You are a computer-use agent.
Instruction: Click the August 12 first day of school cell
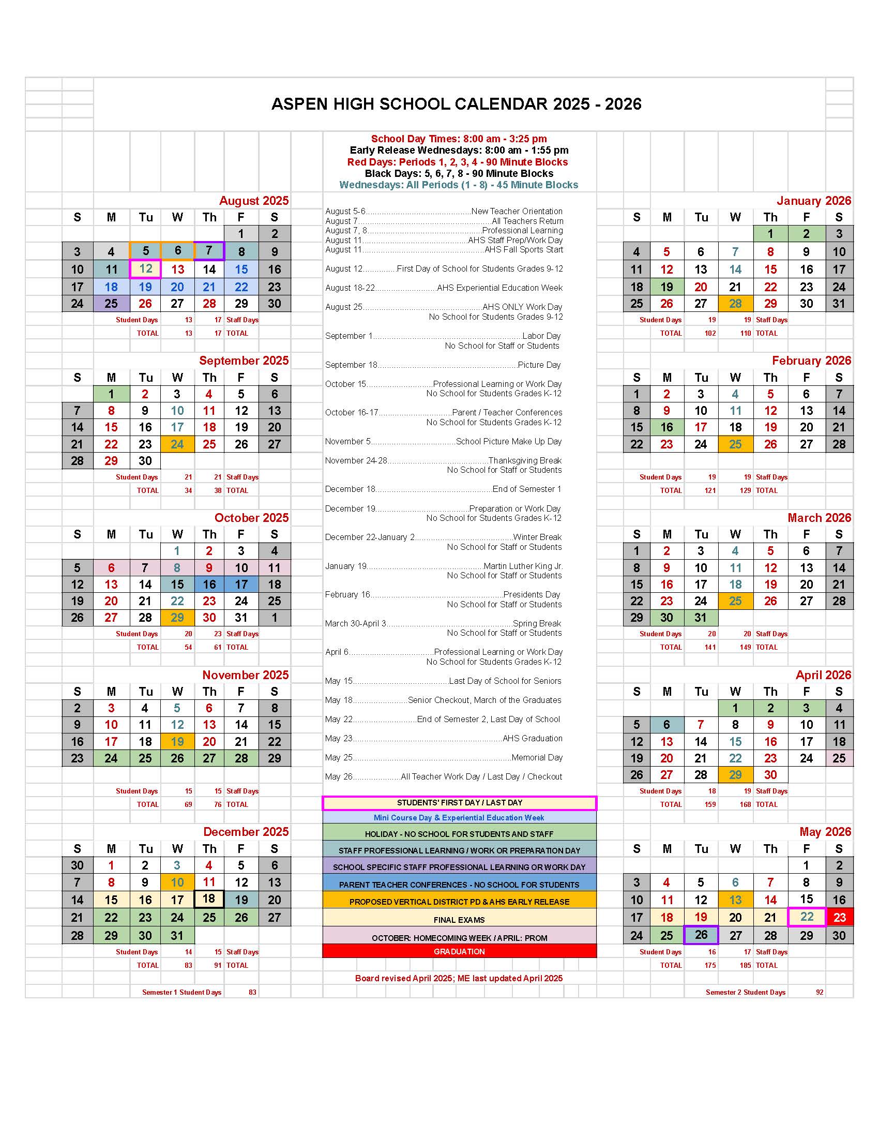point(145,269)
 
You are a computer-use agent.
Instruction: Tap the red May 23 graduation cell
point(839,917)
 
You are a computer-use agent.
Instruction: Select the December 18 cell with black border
point(209,899)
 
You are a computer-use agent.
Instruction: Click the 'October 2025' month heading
point(251,517)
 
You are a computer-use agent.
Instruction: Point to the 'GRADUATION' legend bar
point(459,951)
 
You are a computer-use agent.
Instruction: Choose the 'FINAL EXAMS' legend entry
point(459,920)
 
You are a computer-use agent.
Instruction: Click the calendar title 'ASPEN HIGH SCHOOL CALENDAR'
point(456,104)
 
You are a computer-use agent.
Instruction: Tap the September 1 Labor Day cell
point(111,394)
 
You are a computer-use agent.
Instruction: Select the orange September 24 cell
point(177,444)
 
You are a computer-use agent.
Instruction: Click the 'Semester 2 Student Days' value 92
point(820,992)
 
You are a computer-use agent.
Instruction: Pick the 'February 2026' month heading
point(811,361)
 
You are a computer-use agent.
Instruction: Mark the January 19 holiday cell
point(666,287)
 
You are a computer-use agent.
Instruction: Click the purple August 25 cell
point(111,303)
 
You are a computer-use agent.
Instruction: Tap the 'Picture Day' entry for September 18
point(443,365)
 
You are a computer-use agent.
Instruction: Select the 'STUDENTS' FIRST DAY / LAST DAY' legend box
point(459,803)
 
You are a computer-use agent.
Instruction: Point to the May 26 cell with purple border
point(701,935)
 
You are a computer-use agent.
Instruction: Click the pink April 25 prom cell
point(839,758)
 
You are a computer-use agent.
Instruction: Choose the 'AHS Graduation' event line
point(444,738)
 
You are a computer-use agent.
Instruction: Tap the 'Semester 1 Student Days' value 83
point(252,992)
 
